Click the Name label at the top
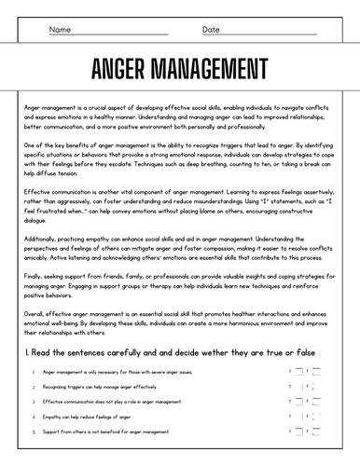click(x=59, y=29)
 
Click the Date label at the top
click(x=211, y=29)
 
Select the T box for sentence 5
click(x=299, y=432)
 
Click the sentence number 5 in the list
click(x=34, y=432)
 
